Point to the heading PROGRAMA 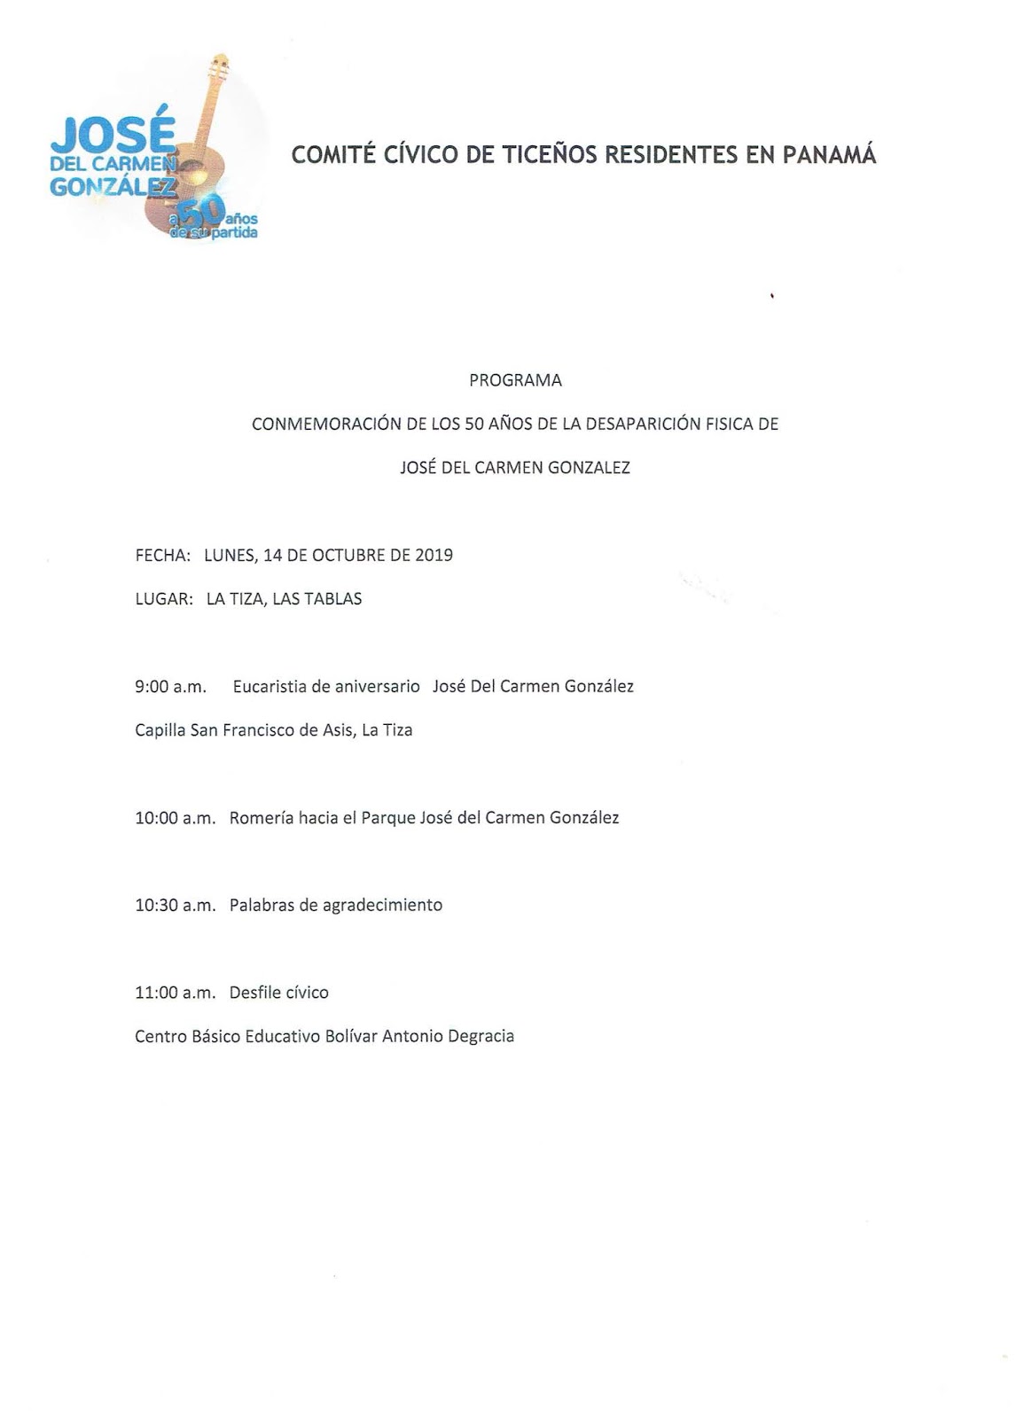(515, 380)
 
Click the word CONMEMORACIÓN (326, 424)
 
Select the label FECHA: (162, 555)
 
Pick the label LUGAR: (163, 598)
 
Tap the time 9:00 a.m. (170, 686)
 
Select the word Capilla (160, 730)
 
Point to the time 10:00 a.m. (175, 817)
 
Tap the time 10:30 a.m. (175, 905)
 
